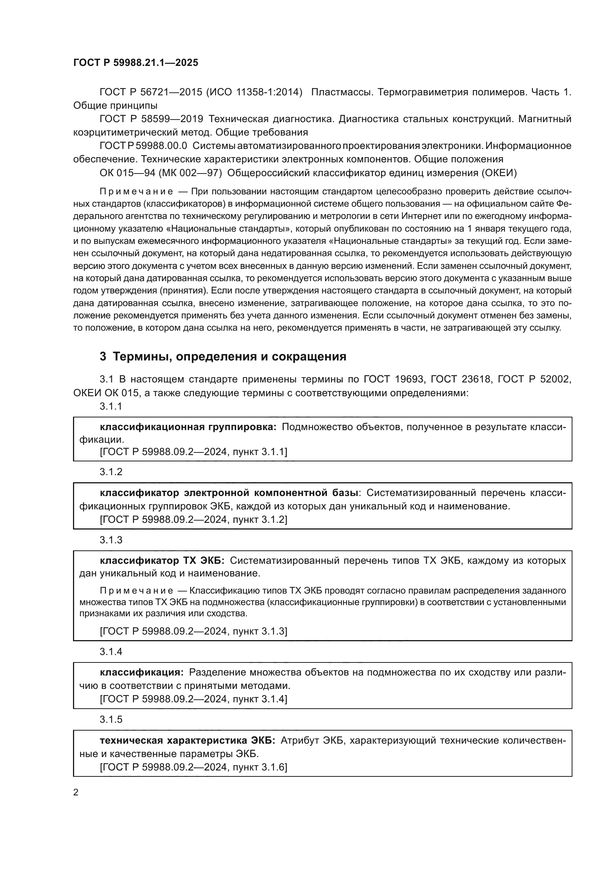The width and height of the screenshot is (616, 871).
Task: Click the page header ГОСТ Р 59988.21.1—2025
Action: (x=136, y=63)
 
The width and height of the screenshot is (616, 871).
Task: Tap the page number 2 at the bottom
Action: (x=76, y=792)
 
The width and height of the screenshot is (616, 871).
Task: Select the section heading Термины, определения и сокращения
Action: (x=229, y=357)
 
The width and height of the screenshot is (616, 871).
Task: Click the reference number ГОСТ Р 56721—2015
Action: (x=150, y=92)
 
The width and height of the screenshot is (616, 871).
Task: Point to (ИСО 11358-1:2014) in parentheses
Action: (x=254, y=92)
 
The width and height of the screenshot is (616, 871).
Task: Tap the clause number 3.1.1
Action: (x=111, y=406)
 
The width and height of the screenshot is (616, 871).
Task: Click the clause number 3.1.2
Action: (x=111, y=472)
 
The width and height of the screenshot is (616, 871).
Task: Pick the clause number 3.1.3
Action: (x=111, y=540)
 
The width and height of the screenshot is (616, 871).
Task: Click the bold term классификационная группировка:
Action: (x=188, y=427)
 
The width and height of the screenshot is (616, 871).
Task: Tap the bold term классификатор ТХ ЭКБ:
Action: (x=162, y=561)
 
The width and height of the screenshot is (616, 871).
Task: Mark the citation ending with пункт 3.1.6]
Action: (x=193, y=767)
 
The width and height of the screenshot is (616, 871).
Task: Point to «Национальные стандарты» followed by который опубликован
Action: (x=230, y=229)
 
